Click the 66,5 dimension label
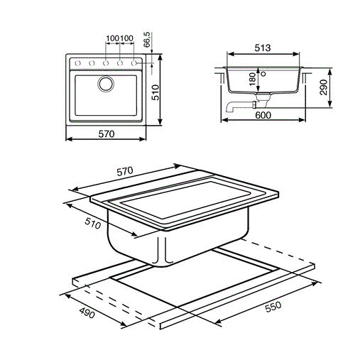coord(147,40)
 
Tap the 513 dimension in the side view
coord(263,48)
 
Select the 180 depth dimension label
coord(253,79)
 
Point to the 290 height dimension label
coord(323,87)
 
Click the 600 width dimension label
coord(263,115)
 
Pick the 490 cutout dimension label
coord(87,312)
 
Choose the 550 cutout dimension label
coord(273,307)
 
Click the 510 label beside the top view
coord(156,92)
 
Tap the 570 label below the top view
coord(107,134)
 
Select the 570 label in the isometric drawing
coord(125,171)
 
